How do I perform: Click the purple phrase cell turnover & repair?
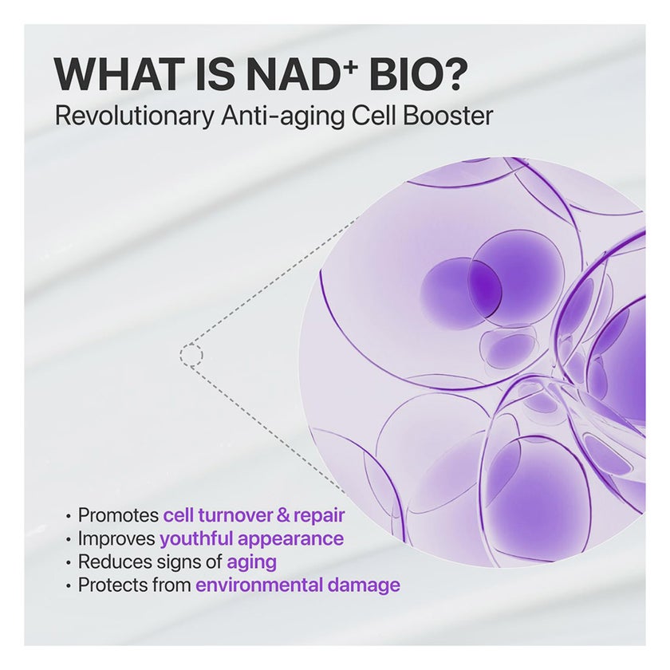(254, 515)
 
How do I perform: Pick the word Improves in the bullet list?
(116, 539)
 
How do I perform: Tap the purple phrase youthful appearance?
(251, 539)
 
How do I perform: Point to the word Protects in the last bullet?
(113, 585)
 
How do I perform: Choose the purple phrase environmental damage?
(298, 585)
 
